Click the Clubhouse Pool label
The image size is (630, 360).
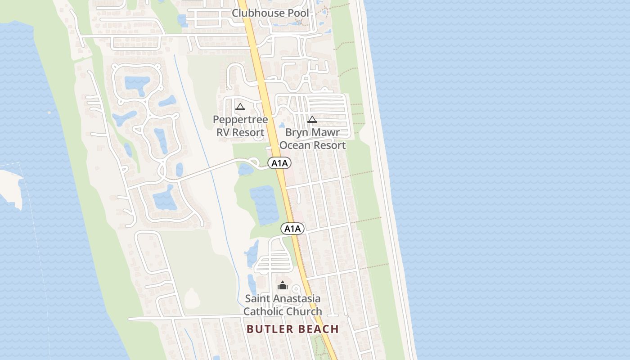click(x=270, y=13)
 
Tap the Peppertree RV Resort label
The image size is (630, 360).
click(x=240, y=126)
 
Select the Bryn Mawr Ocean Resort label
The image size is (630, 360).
click(x=312, y=139)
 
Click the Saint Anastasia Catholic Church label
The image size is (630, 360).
click(x=283, y=305)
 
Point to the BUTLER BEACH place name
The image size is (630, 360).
click(x=292, y=329)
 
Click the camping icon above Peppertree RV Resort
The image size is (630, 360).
click(x=240, y=107)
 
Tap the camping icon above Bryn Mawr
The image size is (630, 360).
click(x=312, y=119)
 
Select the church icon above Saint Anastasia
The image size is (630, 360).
click(x=283, y=285)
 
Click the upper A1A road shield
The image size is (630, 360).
click(x=279, y=163)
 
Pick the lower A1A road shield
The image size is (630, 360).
click(x=292, y=229)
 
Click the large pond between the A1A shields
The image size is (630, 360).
click(x=264, y=205)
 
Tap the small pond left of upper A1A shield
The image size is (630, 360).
click(x=245, y=169)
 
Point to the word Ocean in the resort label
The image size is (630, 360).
click(x=295, y=145)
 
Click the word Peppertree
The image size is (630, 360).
click(x=240, y=120)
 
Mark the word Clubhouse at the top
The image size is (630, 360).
click(x=258, y=13)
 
